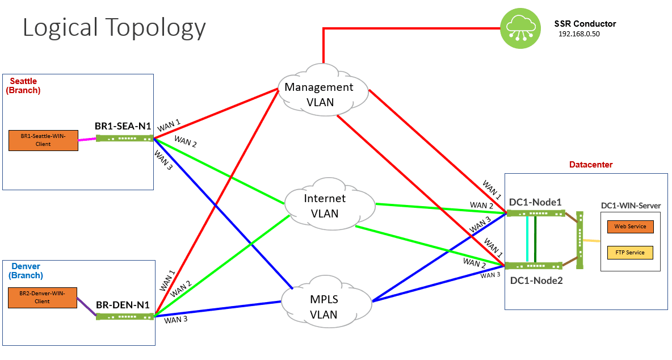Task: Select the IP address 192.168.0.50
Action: [579, 34]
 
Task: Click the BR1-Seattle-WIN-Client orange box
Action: [43, 141]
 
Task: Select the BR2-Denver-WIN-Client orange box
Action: [43, 298]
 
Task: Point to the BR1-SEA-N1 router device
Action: [124, 138]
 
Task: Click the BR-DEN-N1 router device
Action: [124, 316]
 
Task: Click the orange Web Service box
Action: [630, 227]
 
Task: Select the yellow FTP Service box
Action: [630, 253]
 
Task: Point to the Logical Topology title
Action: [114, 27]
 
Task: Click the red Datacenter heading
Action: [591, 165]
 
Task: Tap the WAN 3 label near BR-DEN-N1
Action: [176, 320]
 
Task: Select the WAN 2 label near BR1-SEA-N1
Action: [186, 141]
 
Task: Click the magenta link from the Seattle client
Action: [86, 139]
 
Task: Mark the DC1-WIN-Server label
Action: [631, 206]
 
